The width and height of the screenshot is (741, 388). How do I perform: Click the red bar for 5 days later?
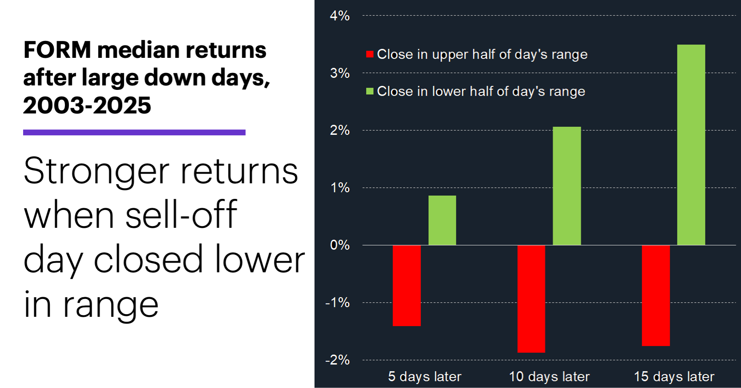click(406, 285)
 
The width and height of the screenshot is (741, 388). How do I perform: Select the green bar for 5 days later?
click(442, 220)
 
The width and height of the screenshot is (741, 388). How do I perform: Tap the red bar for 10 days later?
click(531, 299)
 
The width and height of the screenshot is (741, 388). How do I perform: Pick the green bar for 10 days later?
click(566, 186)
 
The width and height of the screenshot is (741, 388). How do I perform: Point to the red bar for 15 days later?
click(656, 295)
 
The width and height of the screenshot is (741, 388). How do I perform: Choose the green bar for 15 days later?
click(691, 145)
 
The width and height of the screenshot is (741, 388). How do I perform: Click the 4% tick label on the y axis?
click(340, 16)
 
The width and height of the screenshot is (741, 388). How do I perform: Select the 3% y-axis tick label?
click(340, 73)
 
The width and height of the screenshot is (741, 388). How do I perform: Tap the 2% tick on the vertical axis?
click(340, 130)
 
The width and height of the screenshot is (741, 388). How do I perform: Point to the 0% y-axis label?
click(340, 245)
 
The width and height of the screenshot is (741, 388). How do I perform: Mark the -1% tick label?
click(338, 303)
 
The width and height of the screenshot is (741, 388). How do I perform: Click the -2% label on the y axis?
click(338, 360)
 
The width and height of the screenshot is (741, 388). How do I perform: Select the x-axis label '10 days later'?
click(549, 376)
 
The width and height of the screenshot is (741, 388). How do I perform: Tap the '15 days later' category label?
click(674, 376)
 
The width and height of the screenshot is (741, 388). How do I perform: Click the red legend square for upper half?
click(370, 54)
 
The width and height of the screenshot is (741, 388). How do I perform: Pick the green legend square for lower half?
click(370, 91)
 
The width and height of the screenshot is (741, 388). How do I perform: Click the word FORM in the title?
click(57, 49)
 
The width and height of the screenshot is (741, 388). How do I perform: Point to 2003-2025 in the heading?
click(87, 105)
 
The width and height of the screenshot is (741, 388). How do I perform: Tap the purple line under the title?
click(134, 132)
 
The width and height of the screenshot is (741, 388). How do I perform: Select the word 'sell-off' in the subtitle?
click(181, 215)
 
